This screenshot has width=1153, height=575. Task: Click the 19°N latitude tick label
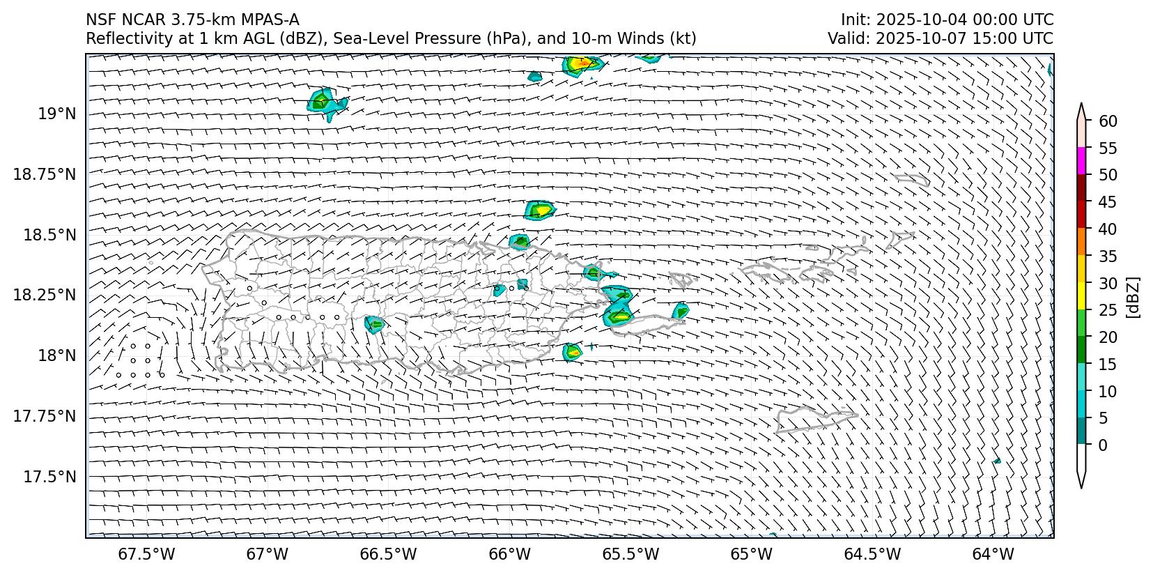57,114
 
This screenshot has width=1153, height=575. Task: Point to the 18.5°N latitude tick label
50,235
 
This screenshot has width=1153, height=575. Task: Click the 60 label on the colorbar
1108,121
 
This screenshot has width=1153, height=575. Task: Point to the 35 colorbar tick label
1108,256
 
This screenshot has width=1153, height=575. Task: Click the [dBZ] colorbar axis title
1133,298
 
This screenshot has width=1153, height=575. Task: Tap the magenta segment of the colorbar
1081,161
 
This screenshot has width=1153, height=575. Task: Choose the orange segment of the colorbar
1081,241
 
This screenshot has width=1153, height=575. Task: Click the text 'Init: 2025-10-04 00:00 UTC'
947,20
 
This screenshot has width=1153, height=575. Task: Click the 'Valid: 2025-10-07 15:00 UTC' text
941,38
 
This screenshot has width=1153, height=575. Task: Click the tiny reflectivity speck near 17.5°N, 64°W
997,461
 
